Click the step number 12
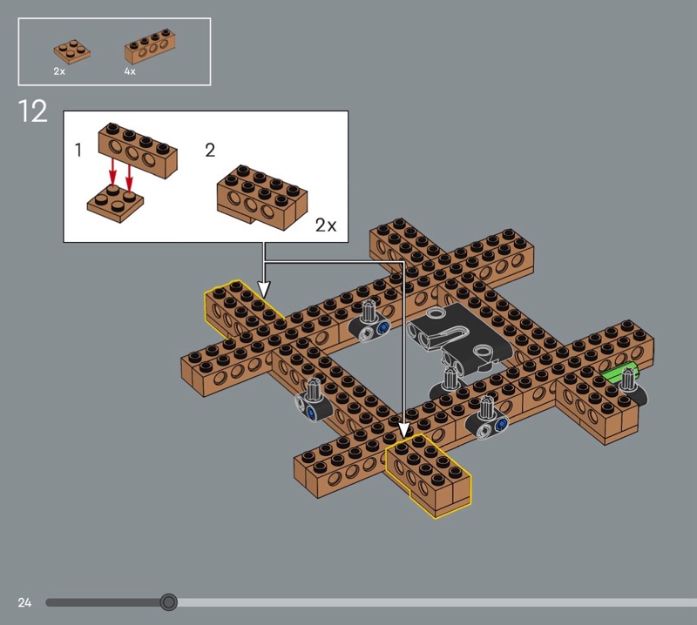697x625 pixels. (x=32, y=111)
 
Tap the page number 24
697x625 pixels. (x=24, y=602)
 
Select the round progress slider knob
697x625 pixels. (x=168, y=602)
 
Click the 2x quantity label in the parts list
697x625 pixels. (x=59, y=71)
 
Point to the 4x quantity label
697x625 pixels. (x=130, y=71)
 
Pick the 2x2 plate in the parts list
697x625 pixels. (x=72, y=51)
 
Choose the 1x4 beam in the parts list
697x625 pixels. (x=150, y=46)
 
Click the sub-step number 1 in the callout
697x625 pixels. (x=78, y=150)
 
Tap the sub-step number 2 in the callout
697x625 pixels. (x=210, y=150)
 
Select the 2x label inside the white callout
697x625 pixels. (x=326, y=225)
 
